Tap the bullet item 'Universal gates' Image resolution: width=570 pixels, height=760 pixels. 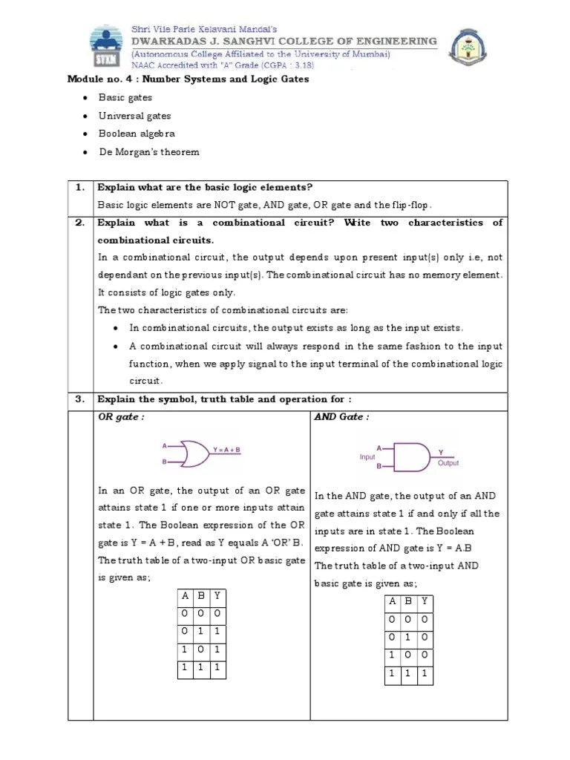pos(134,116)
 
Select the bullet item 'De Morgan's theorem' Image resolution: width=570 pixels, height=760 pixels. pos(148,152)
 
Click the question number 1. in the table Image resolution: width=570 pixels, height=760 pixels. pos(80,188)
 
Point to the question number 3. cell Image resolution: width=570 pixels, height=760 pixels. pos(80,399)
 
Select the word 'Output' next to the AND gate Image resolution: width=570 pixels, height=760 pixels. pos(448,462)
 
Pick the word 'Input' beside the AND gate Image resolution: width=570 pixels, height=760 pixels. pos(367,457)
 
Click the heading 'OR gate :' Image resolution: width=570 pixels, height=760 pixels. pos(121,417)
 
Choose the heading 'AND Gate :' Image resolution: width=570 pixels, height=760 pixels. pos(341,417)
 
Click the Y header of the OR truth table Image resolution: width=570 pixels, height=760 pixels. pos(216,596)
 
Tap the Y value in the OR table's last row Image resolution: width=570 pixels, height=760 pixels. pos(216,668)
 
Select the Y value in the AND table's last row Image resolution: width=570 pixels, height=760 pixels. pos(424,673)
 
